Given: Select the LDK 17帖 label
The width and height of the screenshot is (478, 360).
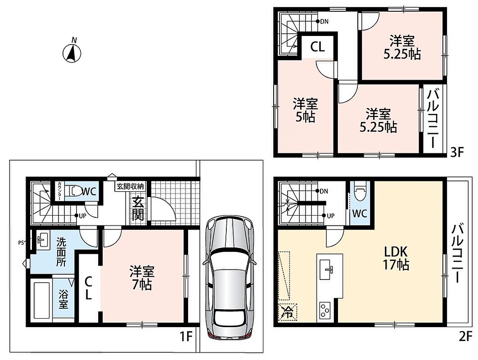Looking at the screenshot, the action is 396,258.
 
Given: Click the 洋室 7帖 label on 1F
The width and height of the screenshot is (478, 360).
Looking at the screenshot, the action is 142,277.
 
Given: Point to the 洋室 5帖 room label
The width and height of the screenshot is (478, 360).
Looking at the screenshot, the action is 306,110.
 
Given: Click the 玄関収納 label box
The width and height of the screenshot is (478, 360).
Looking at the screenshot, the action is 131,186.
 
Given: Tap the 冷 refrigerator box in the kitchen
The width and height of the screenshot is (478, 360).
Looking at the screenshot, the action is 287,312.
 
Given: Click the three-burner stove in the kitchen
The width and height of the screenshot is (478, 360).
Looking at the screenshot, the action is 325,310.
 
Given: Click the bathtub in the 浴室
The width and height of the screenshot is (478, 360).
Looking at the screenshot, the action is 41,300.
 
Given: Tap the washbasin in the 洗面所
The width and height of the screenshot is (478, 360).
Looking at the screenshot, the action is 42,240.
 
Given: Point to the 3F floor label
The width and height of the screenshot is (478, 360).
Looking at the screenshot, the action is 456,152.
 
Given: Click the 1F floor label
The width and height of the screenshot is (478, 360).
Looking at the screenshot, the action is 185,337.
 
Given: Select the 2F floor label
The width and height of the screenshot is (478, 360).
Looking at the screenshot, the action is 465,337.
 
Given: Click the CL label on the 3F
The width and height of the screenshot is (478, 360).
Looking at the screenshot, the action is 317,47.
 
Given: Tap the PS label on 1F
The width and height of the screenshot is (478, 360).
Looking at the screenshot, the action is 21,243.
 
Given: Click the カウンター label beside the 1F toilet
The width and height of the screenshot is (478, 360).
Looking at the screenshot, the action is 60,191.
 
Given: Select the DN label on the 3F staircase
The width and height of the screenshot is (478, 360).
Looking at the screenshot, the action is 324,21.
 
